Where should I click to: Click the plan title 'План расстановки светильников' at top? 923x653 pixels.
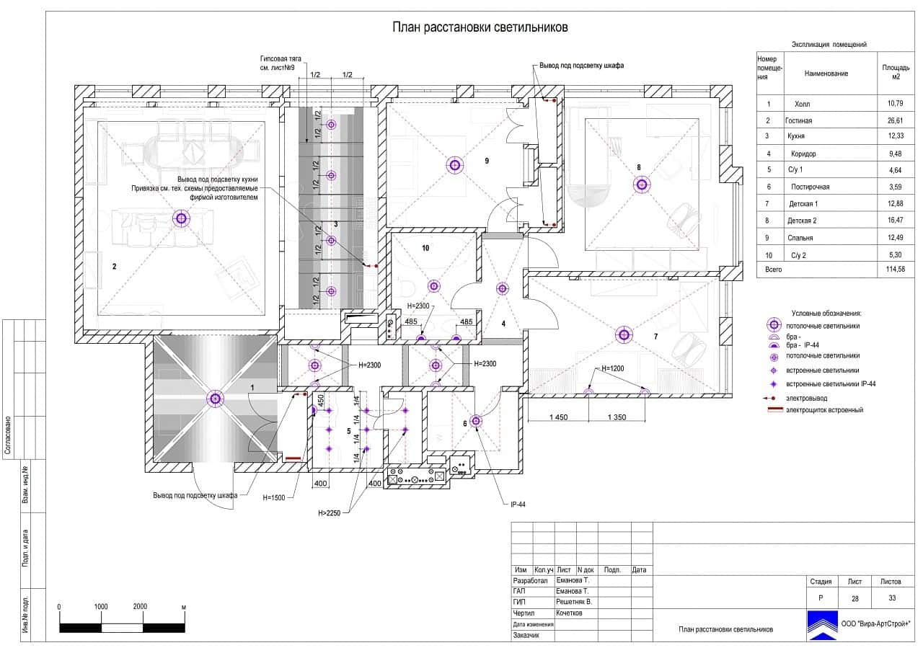pos(480,27)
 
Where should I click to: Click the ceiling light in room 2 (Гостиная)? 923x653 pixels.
pos(181,218)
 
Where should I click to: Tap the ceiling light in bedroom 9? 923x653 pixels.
pos(455,165)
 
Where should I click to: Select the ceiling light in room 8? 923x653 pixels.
pos(642,185)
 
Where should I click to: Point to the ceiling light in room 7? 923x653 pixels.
pos(624,334)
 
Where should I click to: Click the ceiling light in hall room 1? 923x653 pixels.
pos(215,399)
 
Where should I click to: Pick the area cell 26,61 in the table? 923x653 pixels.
pos(895,120)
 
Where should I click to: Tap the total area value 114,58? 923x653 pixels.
pos(896,270)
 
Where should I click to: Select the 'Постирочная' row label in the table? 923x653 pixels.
pos(810,187)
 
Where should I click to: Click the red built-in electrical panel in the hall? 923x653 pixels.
pos(293,458)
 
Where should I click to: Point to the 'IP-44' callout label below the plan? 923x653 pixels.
pos(518,505)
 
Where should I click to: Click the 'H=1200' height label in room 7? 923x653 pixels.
pos(613,368)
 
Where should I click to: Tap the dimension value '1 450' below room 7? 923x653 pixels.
pos(558,417)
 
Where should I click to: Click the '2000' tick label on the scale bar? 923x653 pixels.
pos(140,606)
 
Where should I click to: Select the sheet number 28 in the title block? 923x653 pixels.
pos(855,599)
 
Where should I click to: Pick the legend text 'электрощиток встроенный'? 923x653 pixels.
pos(824,410)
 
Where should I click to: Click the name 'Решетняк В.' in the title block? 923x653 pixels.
pos(573,602)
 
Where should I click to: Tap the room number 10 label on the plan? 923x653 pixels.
pos(425,248)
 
